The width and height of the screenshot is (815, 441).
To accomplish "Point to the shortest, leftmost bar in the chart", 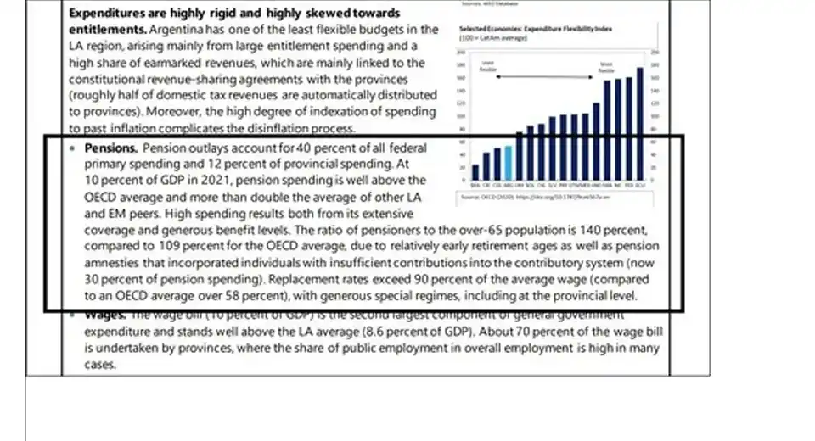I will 475,171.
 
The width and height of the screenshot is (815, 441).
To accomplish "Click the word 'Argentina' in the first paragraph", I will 176,30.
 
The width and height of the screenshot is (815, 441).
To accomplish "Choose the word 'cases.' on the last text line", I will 100,365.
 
